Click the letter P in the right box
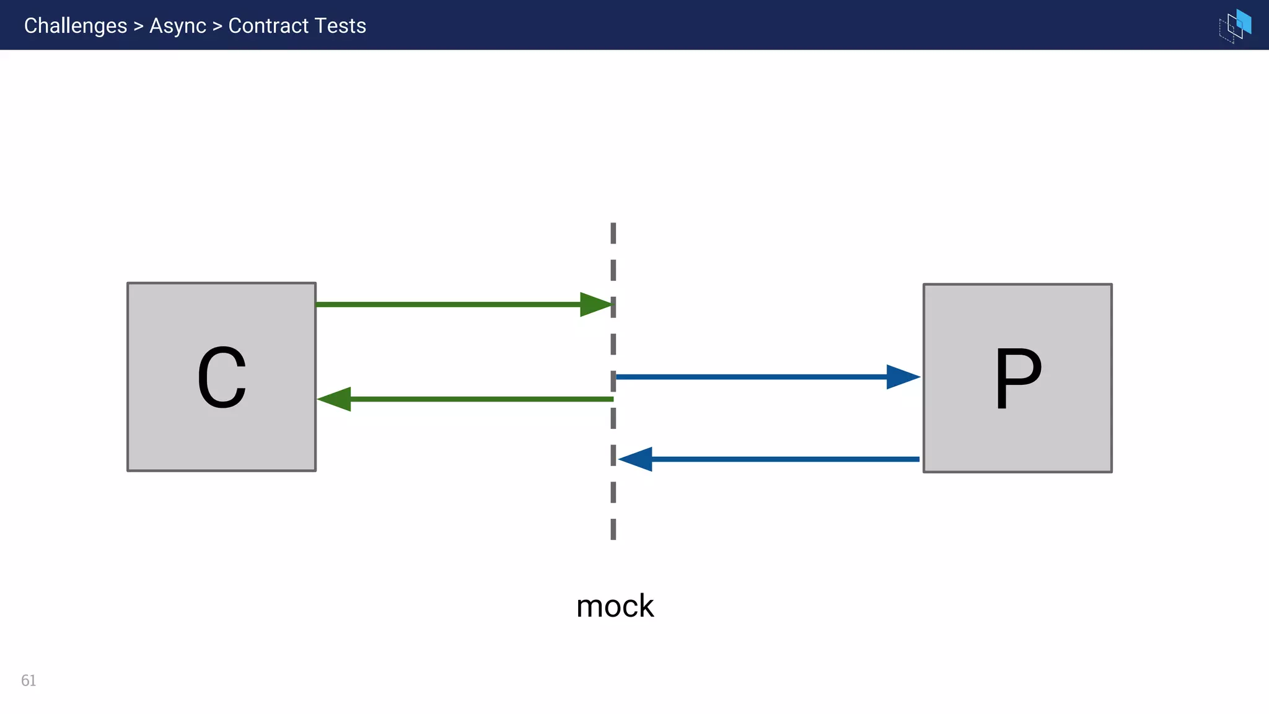click(x=1017, y=378)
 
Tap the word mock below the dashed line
click(x=615, y=606)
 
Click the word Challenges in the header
click(x=75, y=25)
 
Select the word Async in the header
click(x=177, y=25)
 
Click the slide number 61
click(x=29, y=681)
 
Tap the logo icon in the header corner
click(x=1235, y=25)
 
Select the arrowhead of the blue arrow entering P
click(x=902, y=377)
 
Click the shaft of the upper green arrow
click(x=446, y=304)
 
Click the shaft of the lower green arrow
click(x=483, y=399)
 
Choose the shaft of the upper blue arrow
click(x=750, y=377)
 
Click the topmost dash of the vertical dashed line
click(x=613, y=233)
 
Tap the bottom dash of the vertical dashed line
click(x=613, y=529)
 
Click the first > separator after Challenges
click(x=138, y=26)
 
